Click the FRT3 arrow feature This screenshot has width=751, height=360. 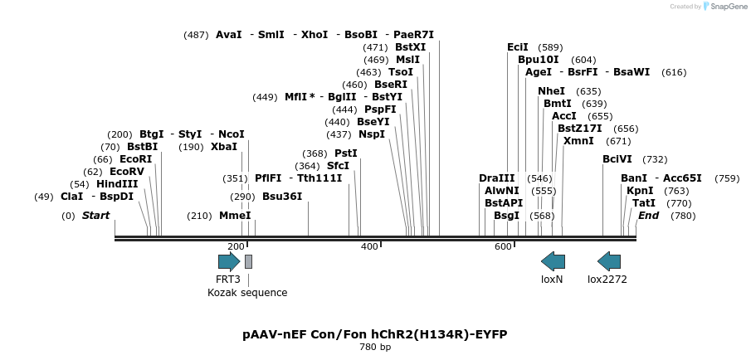(229, 262)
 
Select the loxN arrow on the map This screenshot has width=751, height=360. (553, 262)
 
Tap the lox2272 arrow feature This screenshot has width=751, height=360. (609, 262)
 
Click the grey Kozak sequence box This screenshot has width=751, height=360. (249, 262)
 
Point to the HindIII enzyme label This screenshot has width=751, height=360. (117, 184)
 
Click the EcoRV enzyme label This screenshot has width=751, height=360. (127, 172)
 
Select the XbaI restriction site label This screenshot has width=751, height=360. (224, 147)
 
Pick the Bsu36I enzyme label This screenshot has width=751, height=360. (282, 197)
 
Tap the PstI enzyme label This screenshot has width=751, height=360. (346, 153)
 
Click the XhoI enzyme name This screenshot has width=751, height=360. (315, 35)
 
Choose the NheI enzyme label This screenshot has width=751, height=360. (551, 91)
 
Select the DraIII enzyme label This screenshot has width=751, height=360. (497, 178)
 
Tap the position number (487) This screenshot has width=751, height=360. (197, 35)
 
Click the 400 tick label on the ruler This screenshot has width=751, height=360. (369, 246)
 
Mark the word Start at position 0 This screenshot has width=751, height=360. (95, 216)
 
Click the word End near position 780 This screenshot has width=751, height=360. (648, 216)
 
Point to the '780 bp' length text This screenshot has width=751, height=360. (375, 347)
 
